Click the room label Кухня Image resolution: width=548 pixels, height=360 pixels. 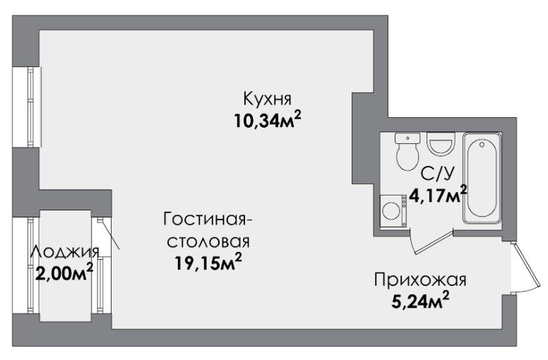[x=268, y=99]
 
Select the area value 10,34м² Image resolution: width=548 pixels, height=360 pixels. [x=268, y=121]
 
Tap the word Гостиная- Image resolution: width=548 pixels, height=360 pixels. [x=208, y=220]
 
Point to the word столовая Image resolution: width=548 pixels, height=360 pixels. [x=208, y=241]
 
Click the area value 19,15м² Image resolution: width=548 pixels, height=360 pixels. [x=208, y=263]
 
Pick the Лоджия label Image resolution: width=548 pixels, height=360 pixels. [x=65, y=252]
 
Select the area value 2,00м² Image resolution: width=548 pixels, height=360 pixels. [x=64, y=273]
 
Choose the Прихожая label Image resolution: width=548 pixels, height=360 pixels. [x=420, y=280]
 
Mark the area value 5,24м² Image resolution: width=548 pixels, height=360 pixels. [x=420, y=301]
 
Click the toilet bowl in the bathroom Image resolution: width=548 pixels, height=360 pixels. [x=407, y=157]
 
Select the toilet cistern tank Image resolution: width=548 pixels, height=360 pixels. [x=407, y=138]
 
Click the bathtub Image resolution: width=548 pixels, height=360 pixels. [x=482, y=178]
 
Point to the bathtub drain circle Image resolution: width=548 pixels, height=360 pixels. [x=482, y=144]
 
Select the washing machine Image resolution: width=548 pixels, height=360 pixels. [x=393, y=210]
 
